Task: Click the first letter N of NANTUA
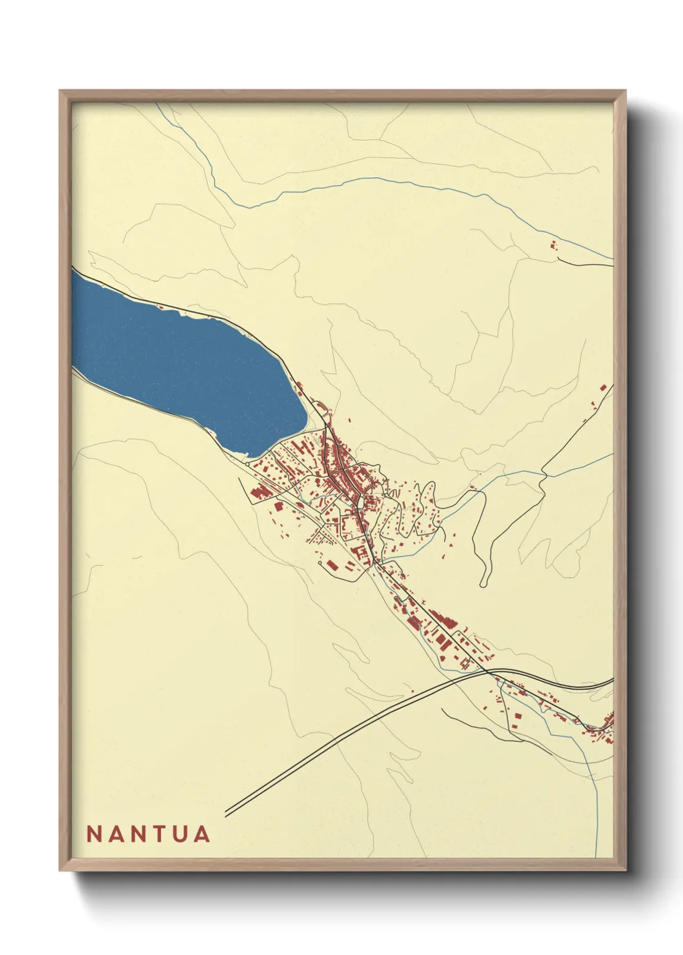93,834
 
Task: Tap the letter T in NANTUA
155,834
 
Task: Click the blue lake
181,361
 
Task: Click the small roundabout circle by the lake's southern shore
248,463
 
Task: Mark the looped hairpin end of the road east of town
484,584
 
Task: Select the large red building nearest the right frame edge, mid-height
603,388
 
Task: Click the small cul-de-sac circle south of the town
321,563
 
